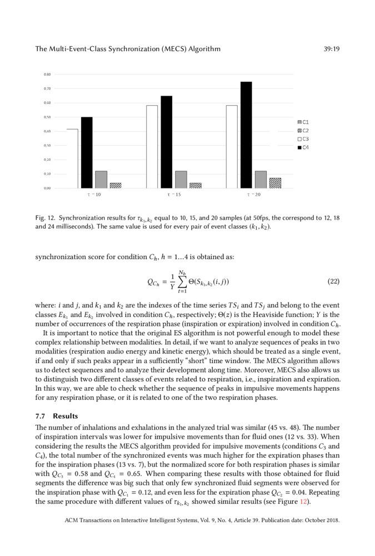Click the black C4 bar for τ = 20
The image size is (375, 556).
(246, 135)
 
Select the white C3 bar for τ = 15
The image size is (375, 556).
(152, 147)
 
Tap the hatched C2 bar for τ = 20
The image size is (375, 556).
(275, 183)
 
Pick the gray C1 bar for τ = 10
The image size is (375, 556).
(101, 180)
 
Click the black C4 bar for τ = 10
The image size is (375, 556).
(87, 153)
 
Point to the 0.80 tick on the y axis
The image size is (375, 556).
(48, 74)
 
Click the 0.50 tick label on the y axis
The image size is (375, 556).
(48, 117)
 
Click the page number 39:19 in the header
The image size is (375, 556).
(331, 49)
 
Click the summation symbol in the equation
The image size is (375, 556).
(181, 282)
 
